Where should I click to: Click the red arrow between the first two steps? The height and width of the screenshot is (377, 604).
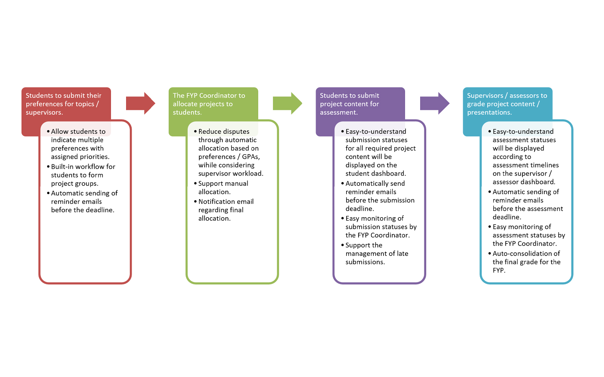[140, 103]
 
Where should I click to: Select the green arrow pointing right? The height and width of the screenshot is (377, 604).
[287, 103]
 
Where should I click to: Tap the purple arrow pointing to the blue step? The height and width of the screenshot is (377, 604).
[435, 103]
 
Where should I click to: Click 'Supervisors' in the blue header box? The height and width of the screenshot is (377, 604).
[485, 96]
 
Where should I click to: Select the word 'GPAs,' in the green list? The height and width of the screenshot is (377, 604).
[251, 157]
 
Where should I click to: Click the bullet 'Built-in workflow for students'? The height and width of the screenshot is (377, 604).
[83, 175]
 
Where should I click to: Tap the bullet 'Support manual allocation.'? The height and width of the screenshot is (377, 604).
[223, 188]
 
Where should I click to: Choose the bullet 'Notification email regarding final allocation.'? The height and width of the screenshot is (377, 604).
[226, 210]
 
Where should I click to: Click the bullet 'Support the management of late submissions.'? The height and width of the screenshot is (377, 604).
[377, 254]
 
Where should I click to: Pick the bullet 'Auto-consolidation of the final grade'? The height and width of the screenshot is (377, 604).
[526, 262]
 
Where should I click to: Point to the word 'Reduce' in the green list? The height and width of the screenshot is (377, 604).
[210, 132]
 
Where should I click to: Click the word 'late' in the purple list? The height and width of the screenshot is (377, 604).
[402, 254]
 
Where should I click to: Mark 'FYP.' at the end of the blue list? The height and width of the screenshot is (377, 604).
[499, 270]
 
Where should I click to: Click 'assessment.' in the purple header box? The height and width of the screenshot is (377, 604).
[339, 112]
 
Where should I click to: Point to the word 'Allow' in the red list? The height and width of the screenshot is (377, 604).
[60, 132]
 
